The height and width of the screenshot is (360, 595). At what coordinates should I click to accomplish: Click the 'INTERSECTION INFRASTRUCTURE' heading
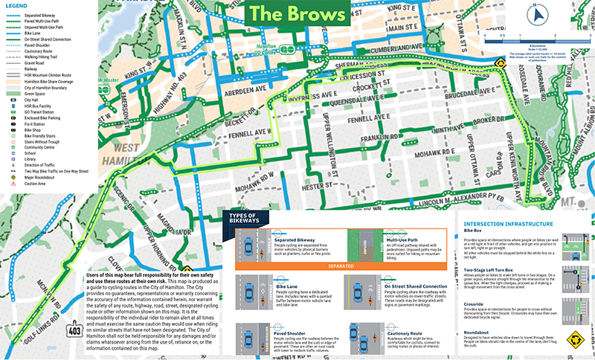point(507,224)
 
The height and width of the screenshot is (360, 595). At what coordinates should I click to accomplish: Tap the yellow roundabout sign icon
point(573,340)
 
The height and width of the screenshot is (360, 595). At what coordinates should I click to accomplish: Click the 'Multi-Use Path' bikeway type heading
point(402,231)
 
